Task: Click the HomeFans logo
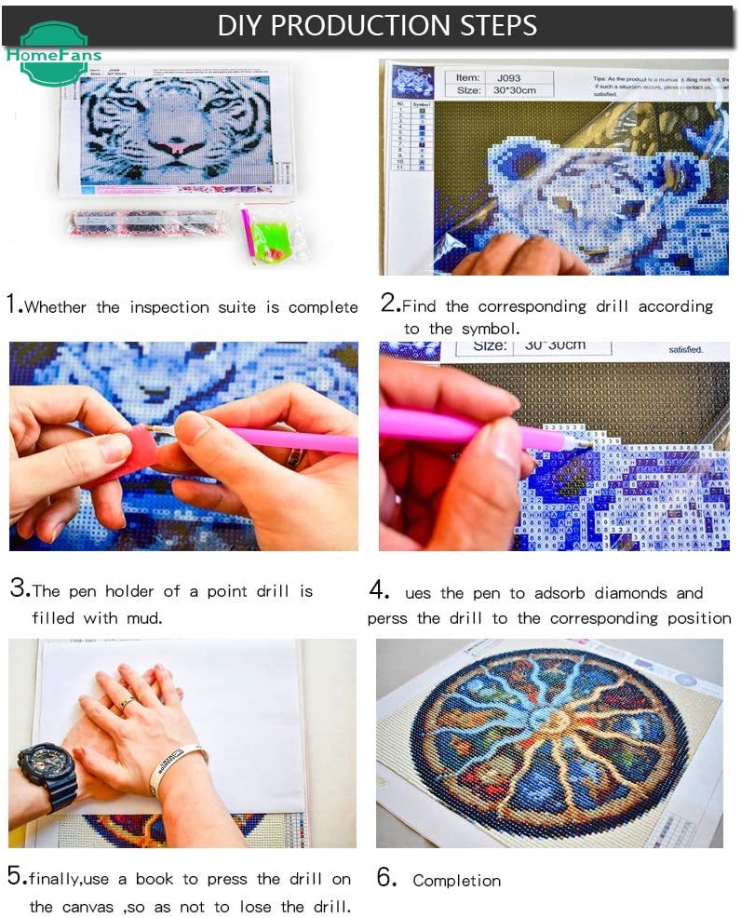(x=52, y=54)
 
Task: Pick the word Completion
(x=456, y=881)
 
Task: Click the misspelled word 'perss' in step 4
(x=387, y=619)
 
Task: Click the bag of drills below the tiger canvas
(x=146, y=222)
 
